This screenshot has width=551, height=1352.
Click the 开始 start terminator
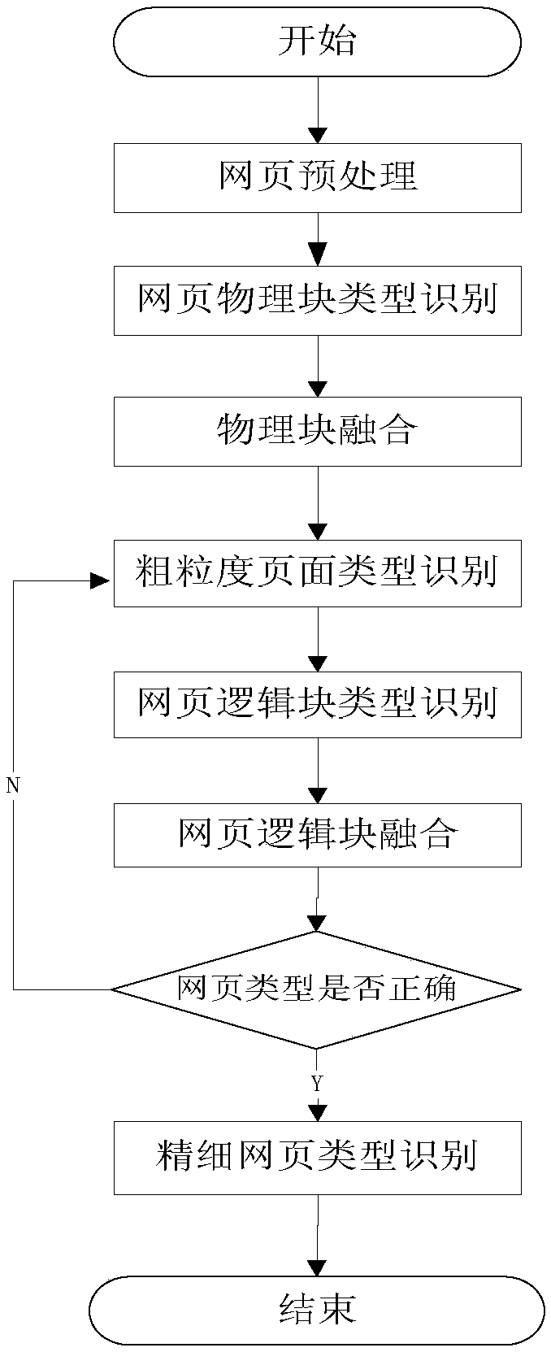[317, 41]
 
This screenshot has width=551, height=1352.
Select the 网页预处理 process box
[317, 177]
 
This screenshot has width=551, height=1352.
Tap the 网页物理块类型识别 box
[317, 300]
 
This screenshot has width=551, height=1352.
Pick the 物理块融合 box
[317, 431]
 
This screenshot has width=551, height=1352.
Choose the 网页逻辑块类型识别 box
[317, 703]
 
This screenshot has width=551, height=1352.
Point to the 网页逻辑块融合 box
[317, 834]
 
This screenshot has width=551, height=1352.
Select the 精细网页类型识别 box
[317, 1157]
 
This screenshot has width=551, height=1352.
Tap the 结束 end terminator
[317, 1310]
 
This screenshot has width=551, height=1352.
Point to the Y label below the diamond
[317, 1084]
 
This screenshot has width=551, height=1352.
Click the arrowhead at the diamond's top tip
[317, 923]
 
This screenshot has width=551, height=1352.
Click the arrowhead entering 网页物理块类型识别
[317, 256]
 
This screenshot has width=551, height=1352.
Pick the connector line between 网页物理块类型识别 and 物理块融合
[317, 366]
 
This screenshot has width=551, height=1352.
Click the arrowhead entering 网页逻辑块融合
[317, 795]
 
